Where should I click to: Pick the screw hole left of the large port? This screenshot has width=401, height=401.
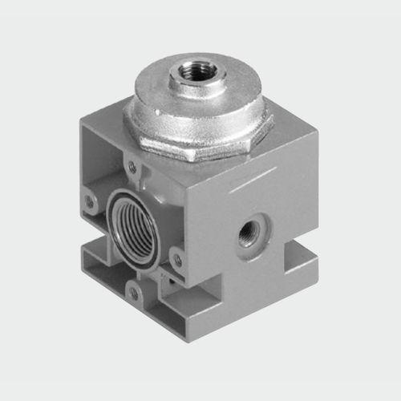[x=91, y=201]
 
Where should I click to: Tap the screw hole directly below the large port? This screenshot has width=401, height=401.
[x=134, y=293]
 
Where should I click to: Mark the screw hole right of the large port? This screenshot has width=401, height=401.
[x=177, y=258]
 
